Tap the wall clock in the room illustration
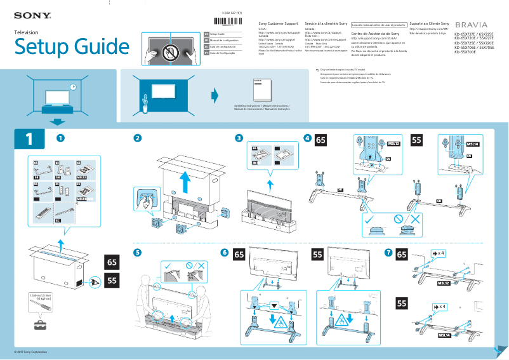pyautogui.click(x=72, y=86)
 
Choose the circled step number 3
pyautogui.click(x=238, y=138)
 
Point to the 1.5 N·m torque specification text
pyautogui.click(x=41, y=298)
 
